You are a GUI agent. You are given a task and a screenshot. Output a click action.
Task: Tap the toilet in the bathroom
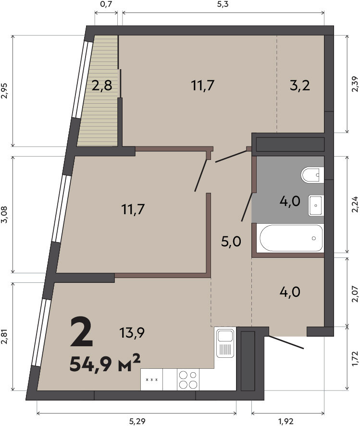[312, 175]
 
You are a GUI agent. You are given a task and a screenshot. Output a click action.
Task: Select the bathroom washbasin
[316, 206]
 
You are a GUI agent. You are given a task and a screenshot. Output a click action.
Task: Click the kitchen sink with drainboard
[225, 342]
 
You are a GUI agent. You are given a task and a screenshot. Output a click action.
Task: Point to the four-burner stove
[188, 379]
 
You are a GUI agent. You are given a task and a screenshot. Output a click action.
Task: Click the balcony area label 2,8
[102, 86]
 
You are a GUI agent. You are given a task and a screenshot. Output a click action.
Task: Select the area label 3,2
[300, 86]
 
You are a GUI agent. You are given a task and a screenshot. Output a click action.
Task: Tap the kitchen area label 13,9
[132, 332]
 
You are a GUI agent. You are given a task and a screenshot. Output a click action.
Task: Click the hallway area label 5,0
[231, 242]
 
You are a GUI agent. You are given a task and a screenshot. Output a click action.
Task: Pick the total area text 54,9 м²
[105, 363]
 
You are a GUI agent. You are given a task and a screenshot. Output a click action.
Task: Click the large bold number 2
[81, 332]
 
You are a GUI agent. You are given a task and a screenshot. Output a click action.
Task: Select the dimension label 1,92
[286, 421]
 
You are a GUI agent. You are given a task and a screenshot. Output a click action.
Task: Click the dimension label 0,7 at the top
[106, 4]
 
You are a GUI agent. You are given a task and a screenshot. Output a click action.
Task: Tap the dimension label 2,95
[4, 90]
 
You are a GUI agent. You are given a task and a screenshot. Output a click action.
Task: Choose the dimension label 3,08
[4, 214]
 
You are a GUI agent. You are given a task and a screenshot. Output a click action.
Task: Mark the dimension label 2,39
[356, 84]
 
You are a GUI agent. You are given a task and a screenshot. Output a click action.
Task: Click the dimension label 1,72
[356, 358]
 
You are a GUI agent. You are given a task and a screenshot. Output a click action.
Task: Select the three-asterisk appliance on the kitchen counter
[152, 379]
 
